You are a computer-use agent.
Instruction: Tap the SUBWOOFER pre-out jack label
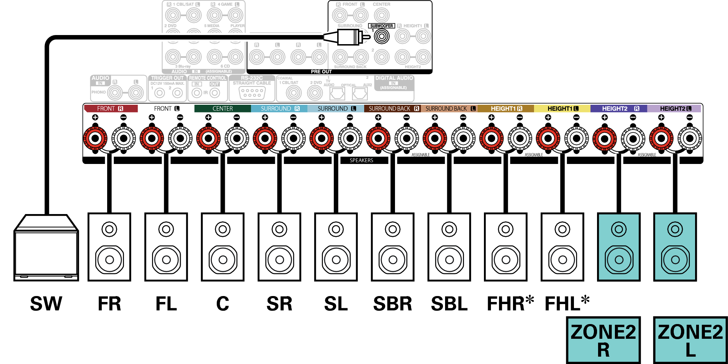tap(381, 26)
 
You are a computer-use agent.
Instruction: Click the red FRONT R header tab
tap(111, 109)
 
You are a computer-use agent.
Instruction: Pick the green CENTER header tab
tap(222, 109)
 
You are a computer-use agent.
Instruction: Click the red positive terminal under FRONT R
tap(95, 138)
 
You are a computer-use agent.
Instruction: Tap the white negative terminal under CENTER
tap(237, 138)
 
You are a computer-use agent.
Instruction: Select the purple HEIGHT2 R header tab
tap(618, 109)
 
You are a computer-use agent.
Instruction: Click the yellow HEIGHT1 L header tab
tap(562, 109)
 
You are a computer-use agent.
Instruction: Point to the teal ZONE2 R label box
tap(603, 340)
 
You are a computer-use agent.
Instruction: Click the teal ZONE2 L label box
tap(690, 340)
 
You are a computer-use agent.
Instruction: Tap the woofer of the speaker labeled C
tap(223, 260)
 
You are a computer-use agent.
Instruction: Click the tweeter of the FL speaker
tap(166, 229)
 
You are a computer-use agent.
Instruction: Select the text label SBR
tap(393, 303)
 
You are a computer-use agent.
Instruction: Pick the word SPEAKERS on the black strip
tap(361, 160)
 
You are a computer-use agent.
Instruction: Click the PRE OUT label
tap(321, 71)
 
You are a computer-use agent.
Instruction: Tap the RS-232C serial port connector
tap(252, 93)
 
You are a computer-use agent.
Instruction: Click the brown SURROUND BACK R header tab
tap(393, 109)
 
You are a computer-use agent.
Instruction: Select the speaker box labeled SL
tap(336, 247)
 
